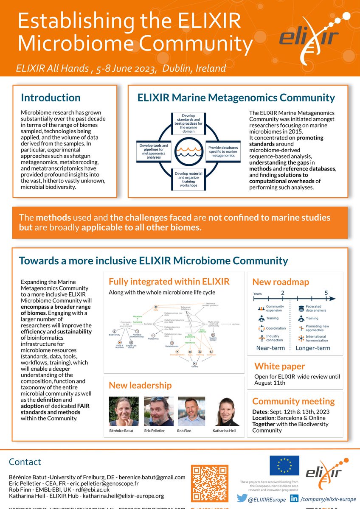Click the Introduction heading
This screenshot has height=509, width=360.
(51, 98)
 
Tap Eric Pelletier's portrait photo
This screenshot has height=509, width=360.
(158, 411)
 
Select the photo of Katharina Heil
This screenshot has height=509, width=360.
(228, 411)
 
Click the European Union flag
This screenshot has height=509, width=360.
(284, 466)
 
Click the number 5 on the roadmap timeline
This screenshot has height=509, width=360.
(326, 293)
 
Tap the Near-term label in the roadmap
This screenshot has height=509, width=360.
(270, 348)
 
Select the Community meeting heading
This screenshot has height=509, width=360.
(293, 401)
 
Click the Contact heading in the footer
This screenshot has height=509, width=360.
(25, 462)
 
